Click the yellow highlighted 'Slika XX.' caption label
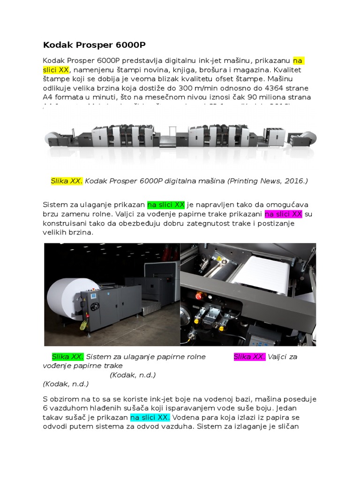(67, 181)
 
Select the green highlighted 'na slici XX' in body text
(166, 205)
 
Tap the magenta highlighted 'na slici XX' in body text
(284, 214)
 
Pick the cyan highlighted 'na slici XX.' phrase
(150, 417)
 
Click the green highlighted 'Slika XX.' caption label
(67, 357)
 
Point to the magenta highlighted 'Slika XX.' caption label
(249, 357)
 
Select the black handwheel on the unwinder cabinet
(97, 307)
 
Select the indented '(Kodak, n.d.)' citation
(133, 375)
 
